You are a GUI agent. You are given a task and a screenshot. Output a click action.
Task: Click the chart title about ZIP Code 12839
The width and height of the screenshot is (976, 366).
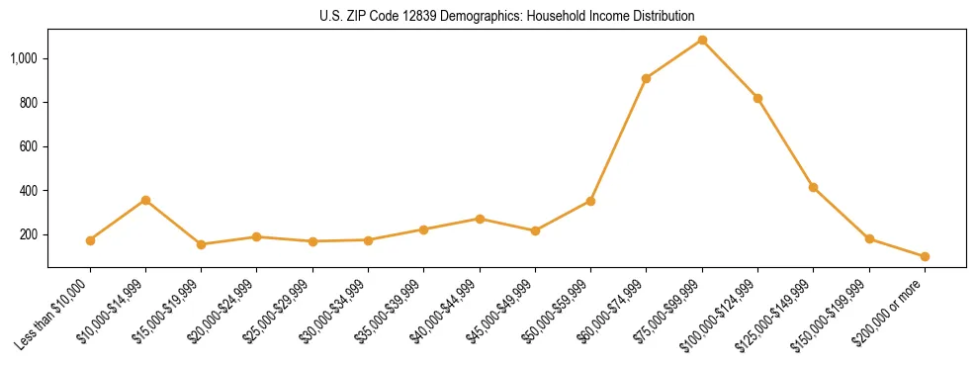coord(507,16)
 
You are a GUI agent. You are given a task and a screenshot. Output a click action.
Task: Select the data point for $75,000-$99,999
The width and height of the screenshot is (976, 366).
coord(702,40)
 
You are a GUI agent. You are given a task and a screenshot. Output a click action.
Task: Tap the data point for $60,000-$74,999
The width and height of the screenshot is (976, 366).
coord(646,78)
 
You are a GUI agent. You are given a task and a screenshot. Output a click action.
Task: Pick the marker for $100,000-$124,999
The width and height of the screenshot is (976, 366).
coord(757,98)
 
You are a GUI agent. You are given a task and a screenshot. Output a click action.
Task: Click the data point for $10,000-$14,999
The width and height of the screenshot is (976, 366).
coord(145,200)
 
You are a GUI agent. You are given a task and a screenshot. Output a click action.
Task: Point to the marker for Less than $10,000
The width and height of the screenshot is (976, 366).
coord(90,240)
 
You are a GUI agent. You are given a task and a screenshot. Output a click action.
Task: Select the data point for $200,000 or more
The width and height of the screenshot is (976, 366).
coord(925,256)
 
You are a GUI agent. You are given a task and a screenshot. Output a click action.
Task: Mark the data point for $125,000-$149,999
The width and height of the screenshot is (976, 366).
coord(813,187)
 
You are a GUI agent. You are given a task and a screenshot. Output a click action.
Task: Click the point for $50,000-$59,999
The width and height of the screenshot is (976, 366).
coord(590,201)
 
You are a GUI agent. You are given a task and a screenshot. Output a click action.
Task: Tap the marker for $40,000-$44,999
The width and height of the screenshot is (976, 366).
coord(480,219)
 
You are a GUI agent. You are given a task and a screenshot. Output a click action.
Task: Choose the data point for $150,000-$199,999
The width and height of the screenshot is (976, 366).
coord(869,238)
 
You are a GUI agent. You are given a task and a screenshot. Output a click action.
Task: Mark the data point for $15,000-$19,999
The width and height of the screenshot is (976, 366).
coord(201,244)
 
